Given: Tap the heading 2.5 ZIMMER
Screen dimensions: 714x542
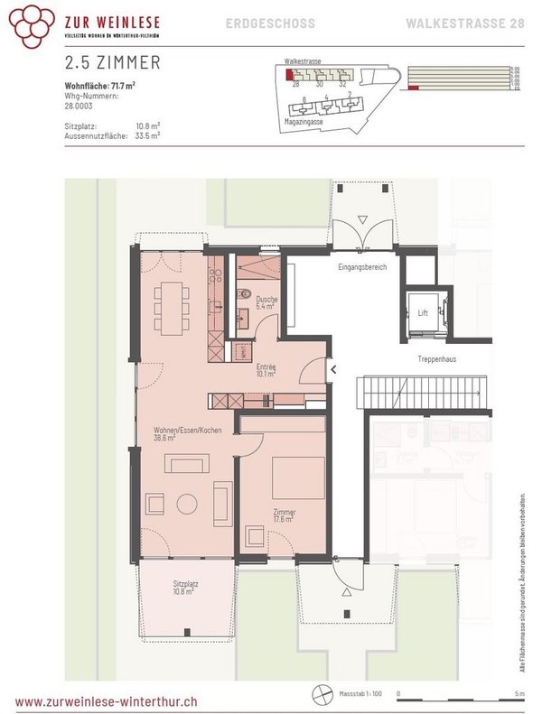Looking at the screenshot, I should (113, 62).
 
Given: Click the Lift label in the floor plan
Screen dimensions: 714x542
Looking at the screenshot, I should (422, 313).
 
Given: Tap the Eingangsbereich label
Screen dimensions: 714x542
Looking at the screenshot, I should (361, 268).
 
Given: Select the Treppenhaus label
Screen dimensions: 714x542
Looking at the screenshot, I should (435, 359).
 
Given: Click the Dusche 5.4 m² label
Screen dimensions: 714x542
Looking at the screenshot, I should (266, 302).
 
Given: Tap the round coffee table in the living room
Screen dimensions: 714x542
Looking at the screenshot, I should (188, 503).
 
